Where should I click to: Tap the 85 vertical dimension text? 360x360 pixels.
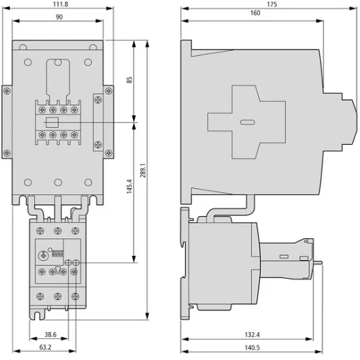pyautogui.click(x=129, y=80)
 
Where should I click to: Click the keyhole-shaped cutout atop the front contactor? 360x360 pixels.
pyautogui.click(x=57, y=73)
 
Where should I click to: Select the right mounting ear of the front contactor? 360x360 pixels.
pyautogui.click(x=108, y=122)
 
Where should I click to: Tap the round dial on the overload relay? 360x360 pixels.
pyautogui.click(x=44, y=256)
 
